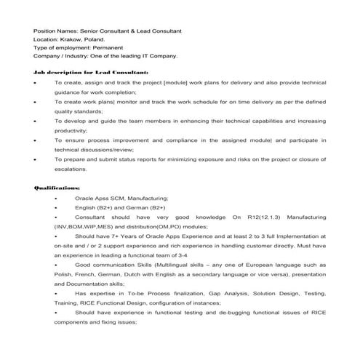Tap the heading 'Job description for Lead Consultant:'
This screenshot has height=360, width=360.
click(92, 73)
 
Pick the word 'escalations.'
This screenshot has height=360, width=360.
click(71, 169)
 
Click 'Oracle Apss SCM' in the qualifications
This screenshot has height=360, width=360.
click(98, 198)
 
